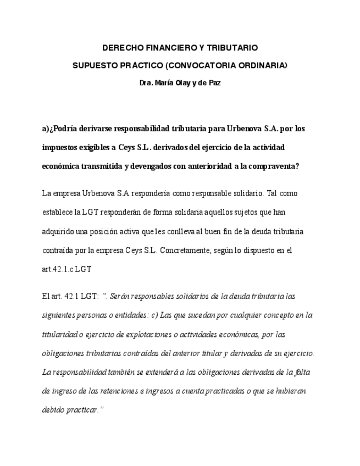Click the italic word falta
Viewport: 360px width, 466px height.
point(300,372)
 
